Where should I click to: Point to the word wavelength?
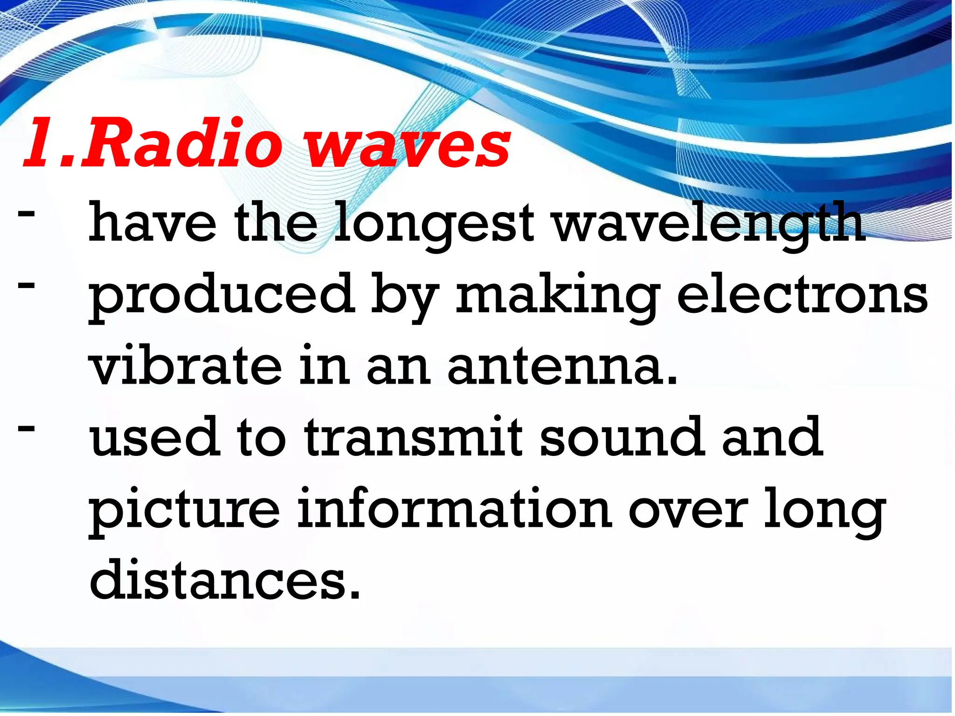pos(709,224)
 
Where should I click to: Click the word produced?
pos(221,296)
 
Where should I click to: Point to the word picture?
pos(185,510)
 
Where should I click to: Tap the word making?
pos(557,296)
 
